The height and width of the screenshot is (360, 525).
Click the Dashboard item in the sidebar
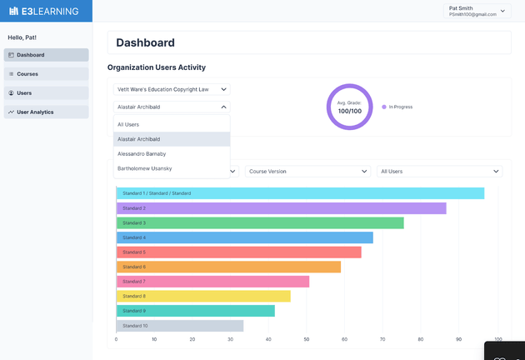point(47,55)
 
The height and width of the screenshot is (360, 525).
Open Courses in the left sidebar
point(47,74)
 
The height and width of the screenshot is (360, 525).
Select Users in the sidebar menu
point(47,92)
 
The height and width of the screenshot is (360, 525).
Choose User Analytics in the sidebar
point(47,112)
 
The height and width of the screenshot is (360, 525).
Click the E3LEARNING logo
point(46,11)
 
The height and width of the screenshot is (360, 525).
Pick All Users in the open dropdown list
point(172,124)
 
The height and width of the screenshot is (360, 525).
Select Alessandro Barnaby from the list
point(172,154)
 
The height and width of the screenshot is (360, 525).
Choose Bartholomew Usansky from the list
point(172,169)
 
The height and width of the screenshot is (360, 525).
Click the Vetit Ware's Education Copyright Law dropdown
point(172,89)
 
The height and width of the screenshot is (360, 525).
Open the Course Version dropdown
point(308,171)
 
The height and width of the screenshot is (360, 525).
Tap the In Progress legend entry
point(400,107)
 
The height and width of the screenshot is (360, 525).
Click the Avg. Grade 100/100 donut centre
point(350,107)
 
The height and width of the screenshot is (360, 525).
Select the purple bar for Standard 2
point(281,208)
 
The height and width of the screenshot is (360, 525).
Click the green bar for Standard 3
point(260,223)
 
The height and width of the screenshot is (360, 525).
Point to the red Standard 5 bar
point(238,252)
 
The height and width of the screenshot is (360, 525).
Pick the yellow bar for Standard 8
point(203,296)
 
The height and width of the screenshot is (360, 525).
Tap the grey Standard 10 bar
point(180,326)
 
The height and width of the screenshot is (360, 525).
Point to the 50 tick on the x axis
point(307,340)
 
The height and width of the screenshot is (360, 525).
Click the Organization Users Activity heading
point(157,67)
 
